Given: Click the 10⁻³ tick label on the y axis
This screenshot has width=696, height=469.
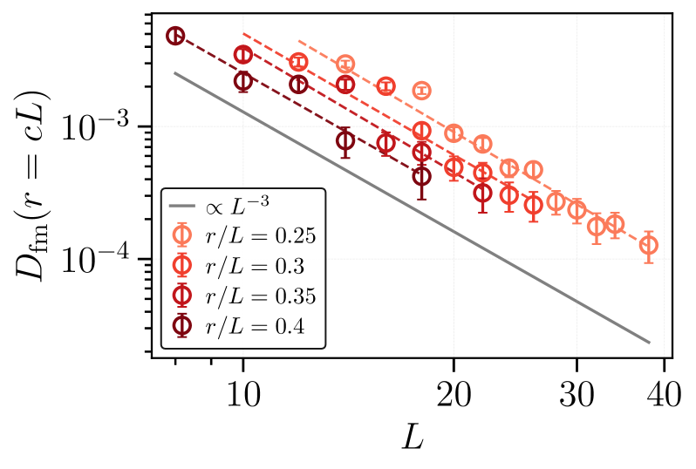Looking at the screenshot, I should click(99, 128).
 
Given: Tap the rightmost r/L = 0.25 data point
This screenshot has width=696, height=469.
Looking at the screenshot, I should click(648, 246).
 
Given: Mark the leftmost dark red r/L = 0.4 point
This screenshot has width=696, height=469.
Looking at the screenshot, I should click(175, 36).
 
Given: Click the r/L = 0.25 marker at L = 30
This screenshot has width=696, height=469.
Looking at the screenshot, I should click(577, 209).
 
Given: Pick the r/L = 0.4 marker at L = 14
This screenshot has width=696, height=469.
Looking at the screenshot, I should click(345, 141).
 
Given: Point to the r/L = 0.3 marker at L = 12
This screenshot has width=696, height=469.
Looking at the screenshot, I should click(298, 62).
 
